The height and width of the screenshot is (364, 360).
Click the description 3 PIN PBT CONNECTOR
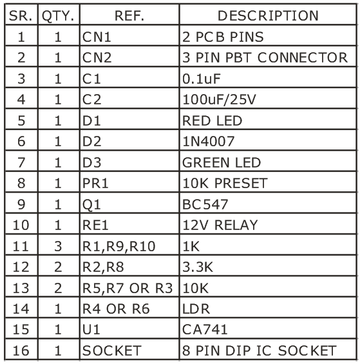tap(265, 57)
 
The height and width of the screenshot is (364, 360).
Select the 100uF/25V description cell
tap(219, 100)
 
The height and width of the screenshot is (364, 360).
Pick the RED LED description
tap(212, 120)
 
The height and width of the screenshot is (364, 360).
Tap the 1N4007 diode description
tap(209, 141)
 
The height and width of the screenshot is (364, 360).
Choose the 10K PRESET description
tap(225, 183)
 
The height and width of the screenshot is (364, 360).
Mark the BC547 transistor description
tap(205, 204)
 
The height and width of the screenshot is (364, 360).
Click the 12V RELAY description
tap(220, 225)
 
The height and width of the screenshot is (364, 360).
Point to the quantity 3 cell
tap(58, 246)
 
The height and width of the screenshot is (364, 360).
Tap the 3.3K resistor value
tap(198, 267)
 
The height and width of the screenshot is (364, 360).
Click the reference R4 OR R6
tap(116, 309)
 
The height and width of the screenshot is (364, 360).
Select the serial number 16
tap(21, 350)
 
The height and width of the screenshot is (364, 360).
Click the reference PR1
tap(95, 183)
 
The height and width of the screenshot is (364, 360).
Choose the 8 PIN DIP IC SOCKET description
tap(260, 350)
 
